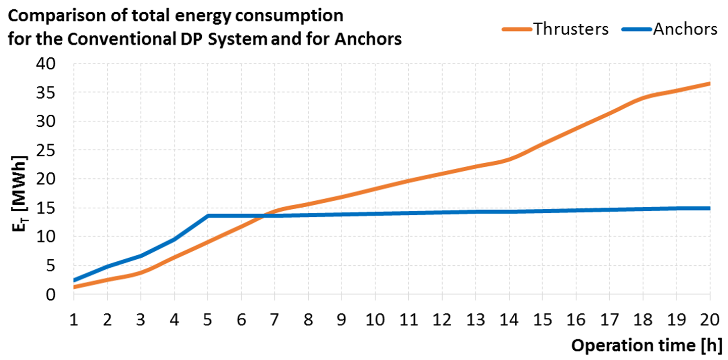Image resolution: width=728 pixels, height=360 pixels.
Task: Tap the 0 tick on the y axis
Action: pos(50,294)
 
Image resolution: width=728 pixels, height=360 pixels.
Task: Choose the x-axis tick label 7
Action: pos(274,320)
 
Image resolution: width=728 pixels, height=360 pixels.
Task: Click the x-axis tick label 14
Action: pos(509,320)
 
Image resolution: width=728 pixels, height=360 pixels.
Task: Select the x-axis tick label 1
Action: pos(74,320)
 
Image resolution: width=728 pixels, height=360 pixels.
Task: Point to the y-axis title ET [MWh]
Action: pos(20,194)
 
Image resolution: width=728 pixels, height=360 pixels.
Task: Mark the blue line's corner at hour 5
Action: pos(208,216)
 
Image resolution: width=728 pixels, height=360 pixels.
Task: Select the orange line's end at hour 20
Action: pos(709,84)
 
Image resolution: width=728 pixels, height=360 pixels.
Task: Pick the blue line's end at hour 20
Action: pos(709,208)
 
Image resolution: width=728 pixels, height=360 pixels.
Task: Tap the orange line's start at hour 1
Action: pos(74,287)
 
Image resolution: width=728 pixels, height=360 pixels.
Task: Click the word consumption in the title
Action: pos(289,16)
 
